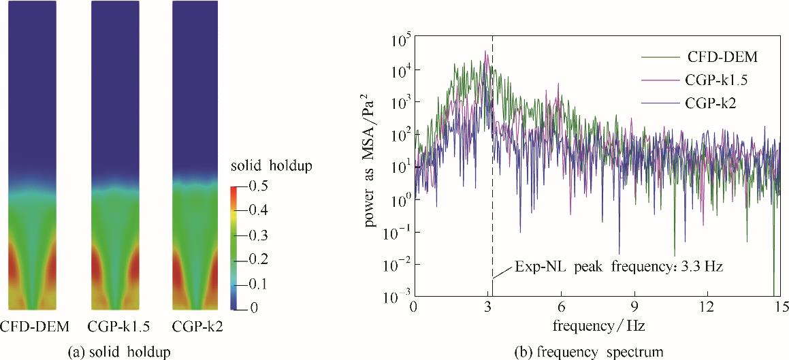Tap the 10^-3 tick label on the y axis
pyautogui.click(x=395, y=297)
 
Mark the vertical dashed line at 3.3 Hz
pyautogui.click(x=492, y=170)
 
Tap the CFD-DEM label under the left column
pyautogui.click(x=35, y=327)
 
